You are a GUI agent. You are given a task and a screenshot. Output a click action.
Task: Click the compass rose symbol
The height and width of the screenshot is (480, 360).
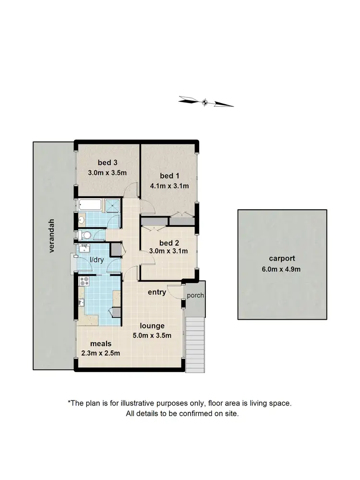(205, 101)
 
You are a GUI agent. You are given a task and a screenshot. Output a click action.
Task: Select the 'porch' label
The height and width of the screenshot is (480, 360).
(195, 295)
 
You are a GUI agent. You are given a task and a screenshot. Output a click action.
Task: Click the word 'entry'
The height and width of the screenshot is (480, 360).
(156, 292)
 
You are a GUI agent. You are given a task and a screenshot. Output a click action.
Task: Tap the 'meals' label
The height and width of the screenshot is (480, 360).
(100, 344)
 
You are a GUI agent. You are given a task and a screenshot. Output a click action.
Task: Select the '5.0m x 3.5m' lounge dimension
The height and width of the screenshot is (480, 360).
(152, 336)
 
